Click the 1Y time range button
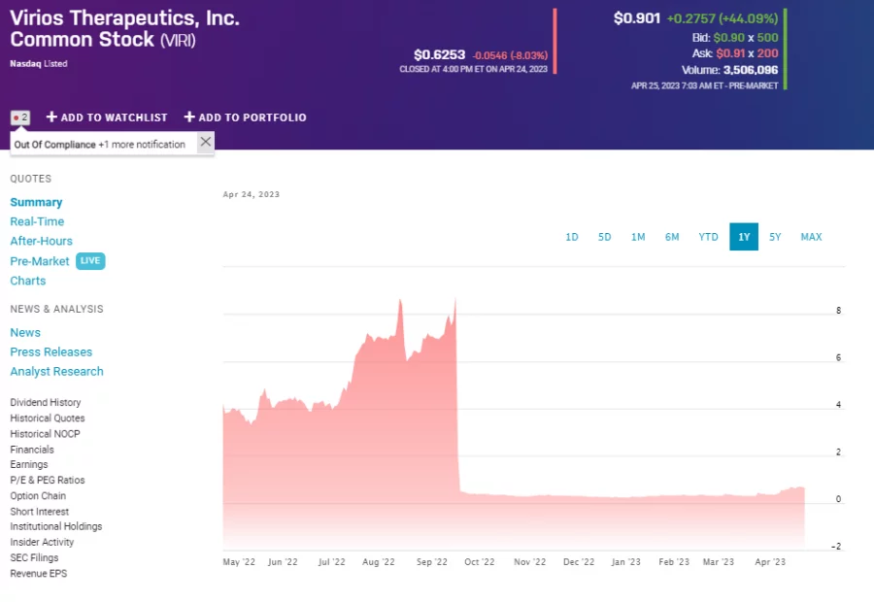click(744, 237)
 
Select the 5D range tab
click(604, 237)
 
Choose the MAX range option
click(811, 237)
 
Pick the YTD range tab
click(708, 237)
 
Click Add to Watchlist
click(107, 117)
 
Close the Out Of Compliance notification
click(205, 143)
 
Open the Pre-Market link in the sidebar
click(40, 261)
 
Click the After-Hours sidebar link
click(41, 241)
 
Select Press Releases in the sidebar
click(51, 351)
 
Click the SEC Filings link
click(34, 558)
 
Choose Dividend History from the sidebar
click(46, 403)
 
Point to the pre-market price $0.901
click(637, 18)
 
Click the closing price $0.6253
click(439, 55)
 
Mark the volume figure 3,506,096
click(751, 70)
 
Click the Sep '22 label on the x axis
click(431, 561)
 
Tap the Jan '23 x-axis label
click(626, 561)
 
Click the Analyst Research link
click(56, 372)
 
